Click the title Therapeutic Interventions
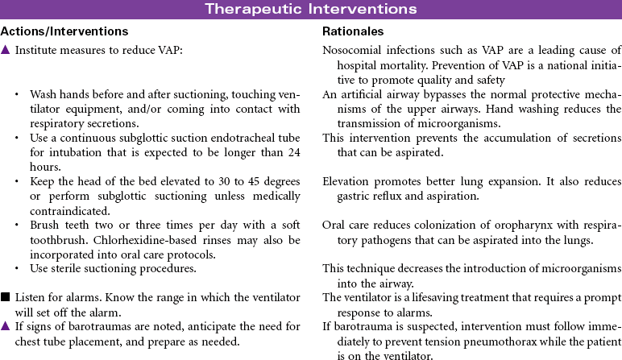(310, 10)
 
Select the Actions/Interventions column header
(64, 31)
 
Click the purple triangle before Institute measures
(6, 51)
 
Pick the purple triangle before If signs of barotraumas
(6, 326)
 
